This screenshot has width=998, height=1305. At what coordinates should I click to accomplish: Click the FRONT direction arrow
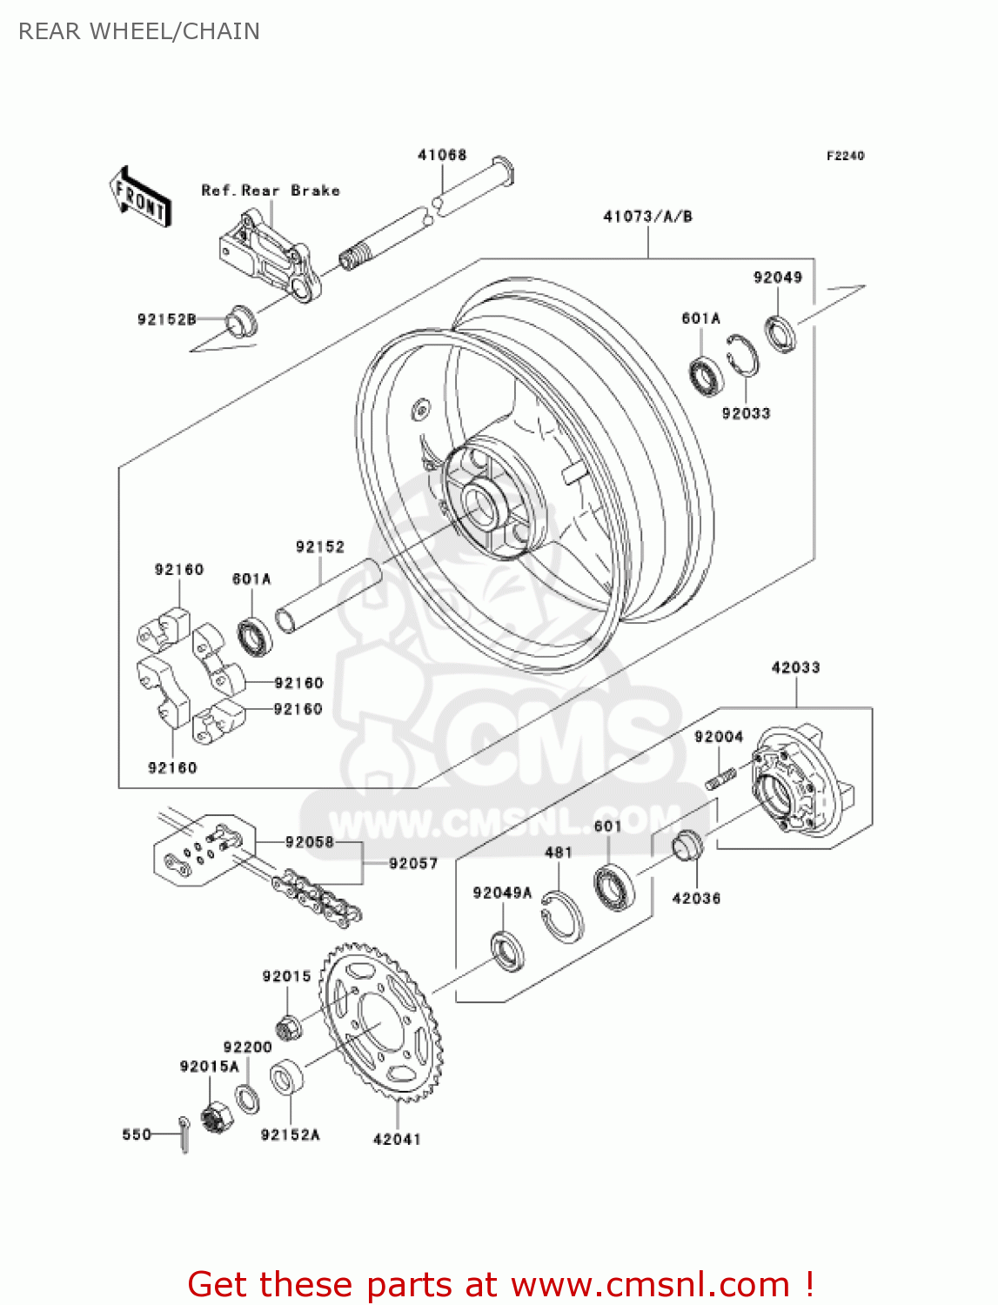pyautogui.click(x=139, y=197)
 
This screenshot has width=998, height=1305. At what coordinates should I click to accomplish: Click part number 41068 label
pyautogui.click(x=442, y=155)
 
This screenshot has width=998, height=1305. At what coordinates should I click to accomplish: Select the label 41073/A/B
pyautogui.click(x=647, y=216)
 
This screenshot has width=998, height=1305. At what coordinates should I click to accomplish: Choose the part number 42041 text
pyautogui.click(x=397, y=1139)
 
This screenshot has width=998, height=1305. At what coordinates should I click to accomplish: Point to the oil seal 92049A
pyautogui.click(x=507, y=950)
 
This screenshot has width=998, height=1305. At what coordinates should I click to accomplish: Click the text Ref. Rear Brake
pyautogui.click(x=270, y=191)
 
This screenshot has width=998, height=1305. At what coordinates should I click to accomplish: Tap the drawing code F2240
pyautogui.click(x=845, y=156)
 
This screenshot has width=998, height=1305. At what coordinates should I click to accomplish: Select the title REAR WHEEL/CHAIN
pyautogui.click(x=139, y=31)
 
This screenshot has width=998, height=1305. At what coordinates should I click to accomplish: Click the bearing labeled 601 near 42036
pyautogui.click(x=614, y=887)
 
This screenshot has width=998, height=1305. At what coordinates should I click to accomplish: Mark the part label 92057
pyautogui.click(x=412, y=863)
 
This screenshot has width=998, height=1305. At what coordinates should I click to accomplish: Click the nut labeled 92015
pyautogui.click(x=291, y=1027)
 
